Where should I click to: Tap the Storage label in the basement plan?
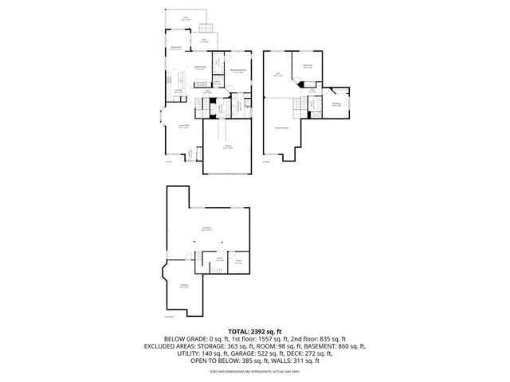point(184,287)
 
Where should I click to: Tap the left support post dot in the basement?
point(193,242)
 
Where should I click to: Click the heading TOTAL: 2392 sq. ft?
point(255,331)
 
